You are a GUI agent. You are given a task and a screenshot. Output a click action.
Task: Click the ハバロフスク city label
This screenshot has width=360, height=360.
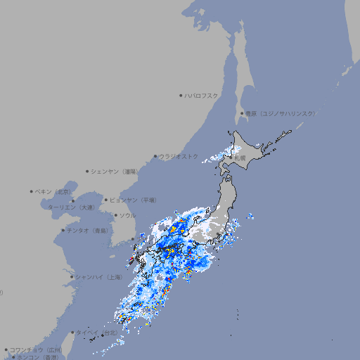click(202, 95)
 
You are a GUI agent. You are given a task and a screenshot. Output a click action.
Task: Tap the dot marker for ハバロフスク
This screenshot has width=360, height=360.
click(181, 95)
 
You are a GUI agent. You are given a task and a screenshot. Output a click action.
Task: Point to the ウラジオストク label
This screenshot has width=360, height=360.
click(179, 156)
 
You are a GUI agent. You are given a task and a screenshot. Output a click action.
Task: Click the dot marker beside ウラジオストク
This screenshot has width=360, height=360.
click(155, 156)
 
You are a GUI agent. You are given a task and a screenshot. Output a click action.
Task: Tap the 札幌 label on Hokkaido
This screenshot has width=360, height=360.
click(240, 158)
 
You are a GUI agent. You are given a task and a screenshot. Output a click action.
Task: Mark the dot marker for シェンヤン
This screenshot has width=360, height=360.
click(88, 171)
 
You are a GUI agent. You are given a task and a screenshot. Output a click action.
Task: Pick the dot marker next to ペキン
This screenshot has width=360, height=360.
click(32, 191)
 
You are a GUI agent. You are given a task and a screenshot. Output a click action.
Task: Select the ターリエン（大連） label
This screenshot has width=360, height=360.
click(71, 207)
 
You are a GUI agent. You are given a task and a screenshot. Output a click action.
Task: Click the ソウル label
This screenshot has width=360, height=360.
click(127, 215)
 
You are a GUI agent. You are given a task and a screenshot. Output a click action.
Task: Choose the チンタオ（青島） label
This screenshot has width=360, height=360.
click(88, 230)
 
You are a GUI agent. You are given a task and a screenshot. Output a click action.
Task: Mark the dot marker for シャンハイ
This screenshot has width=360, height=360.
click(72, 277)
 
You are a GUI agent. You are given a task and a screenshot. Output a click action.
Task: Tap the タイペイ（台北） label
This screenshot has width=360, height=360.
click(98, 333)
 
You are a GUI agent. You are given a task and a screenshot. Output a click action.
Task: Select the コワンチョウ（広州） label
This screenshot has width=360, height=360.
click(36, 349)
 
